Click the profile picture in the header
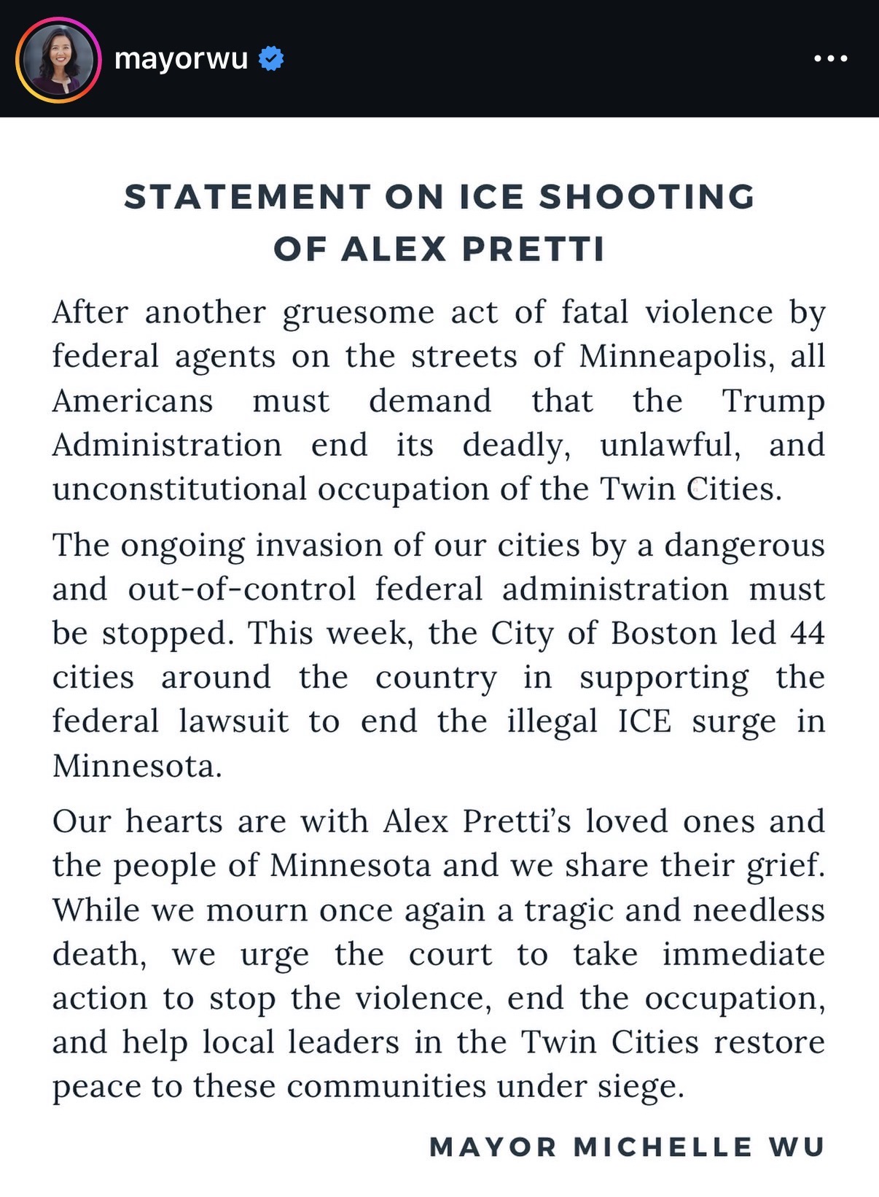58,59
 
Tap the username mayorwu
181,58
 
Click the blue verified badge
272,58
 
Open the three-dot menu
831,58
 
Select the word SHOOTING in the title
646,197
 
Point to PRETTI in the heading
534,249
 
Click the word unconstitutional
179,489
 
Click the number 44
807,633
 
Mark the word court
450,954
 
